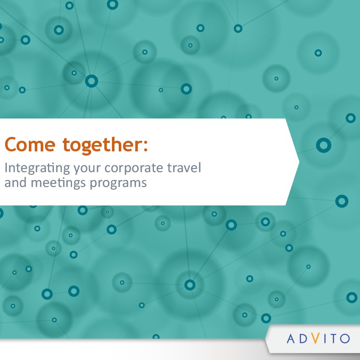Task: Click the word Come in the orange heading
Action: click(30, 145)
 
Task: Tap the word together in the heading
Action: click(103, 145)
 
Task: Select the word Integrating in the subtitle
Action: click(37, 168)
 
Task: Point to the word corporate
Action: click(134, 168)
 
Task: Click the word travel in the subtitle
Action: click(184, 167)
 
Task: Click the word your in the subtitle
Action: click(87, 169)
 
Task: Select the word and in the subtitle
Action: click(15, 182)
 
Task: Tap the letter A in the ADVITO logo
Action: click(290, 338)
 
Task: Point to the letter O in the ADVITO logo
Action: click(345, 338)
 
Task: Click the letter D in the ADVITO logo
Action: click(303, 338)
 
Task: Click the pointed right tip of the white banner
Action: click(299, 162)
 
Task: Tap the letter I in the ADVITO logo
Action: click(324, 338)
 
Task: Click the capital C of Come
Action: click(10, 145)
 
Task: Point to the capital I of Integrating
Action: click(6, 167)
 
